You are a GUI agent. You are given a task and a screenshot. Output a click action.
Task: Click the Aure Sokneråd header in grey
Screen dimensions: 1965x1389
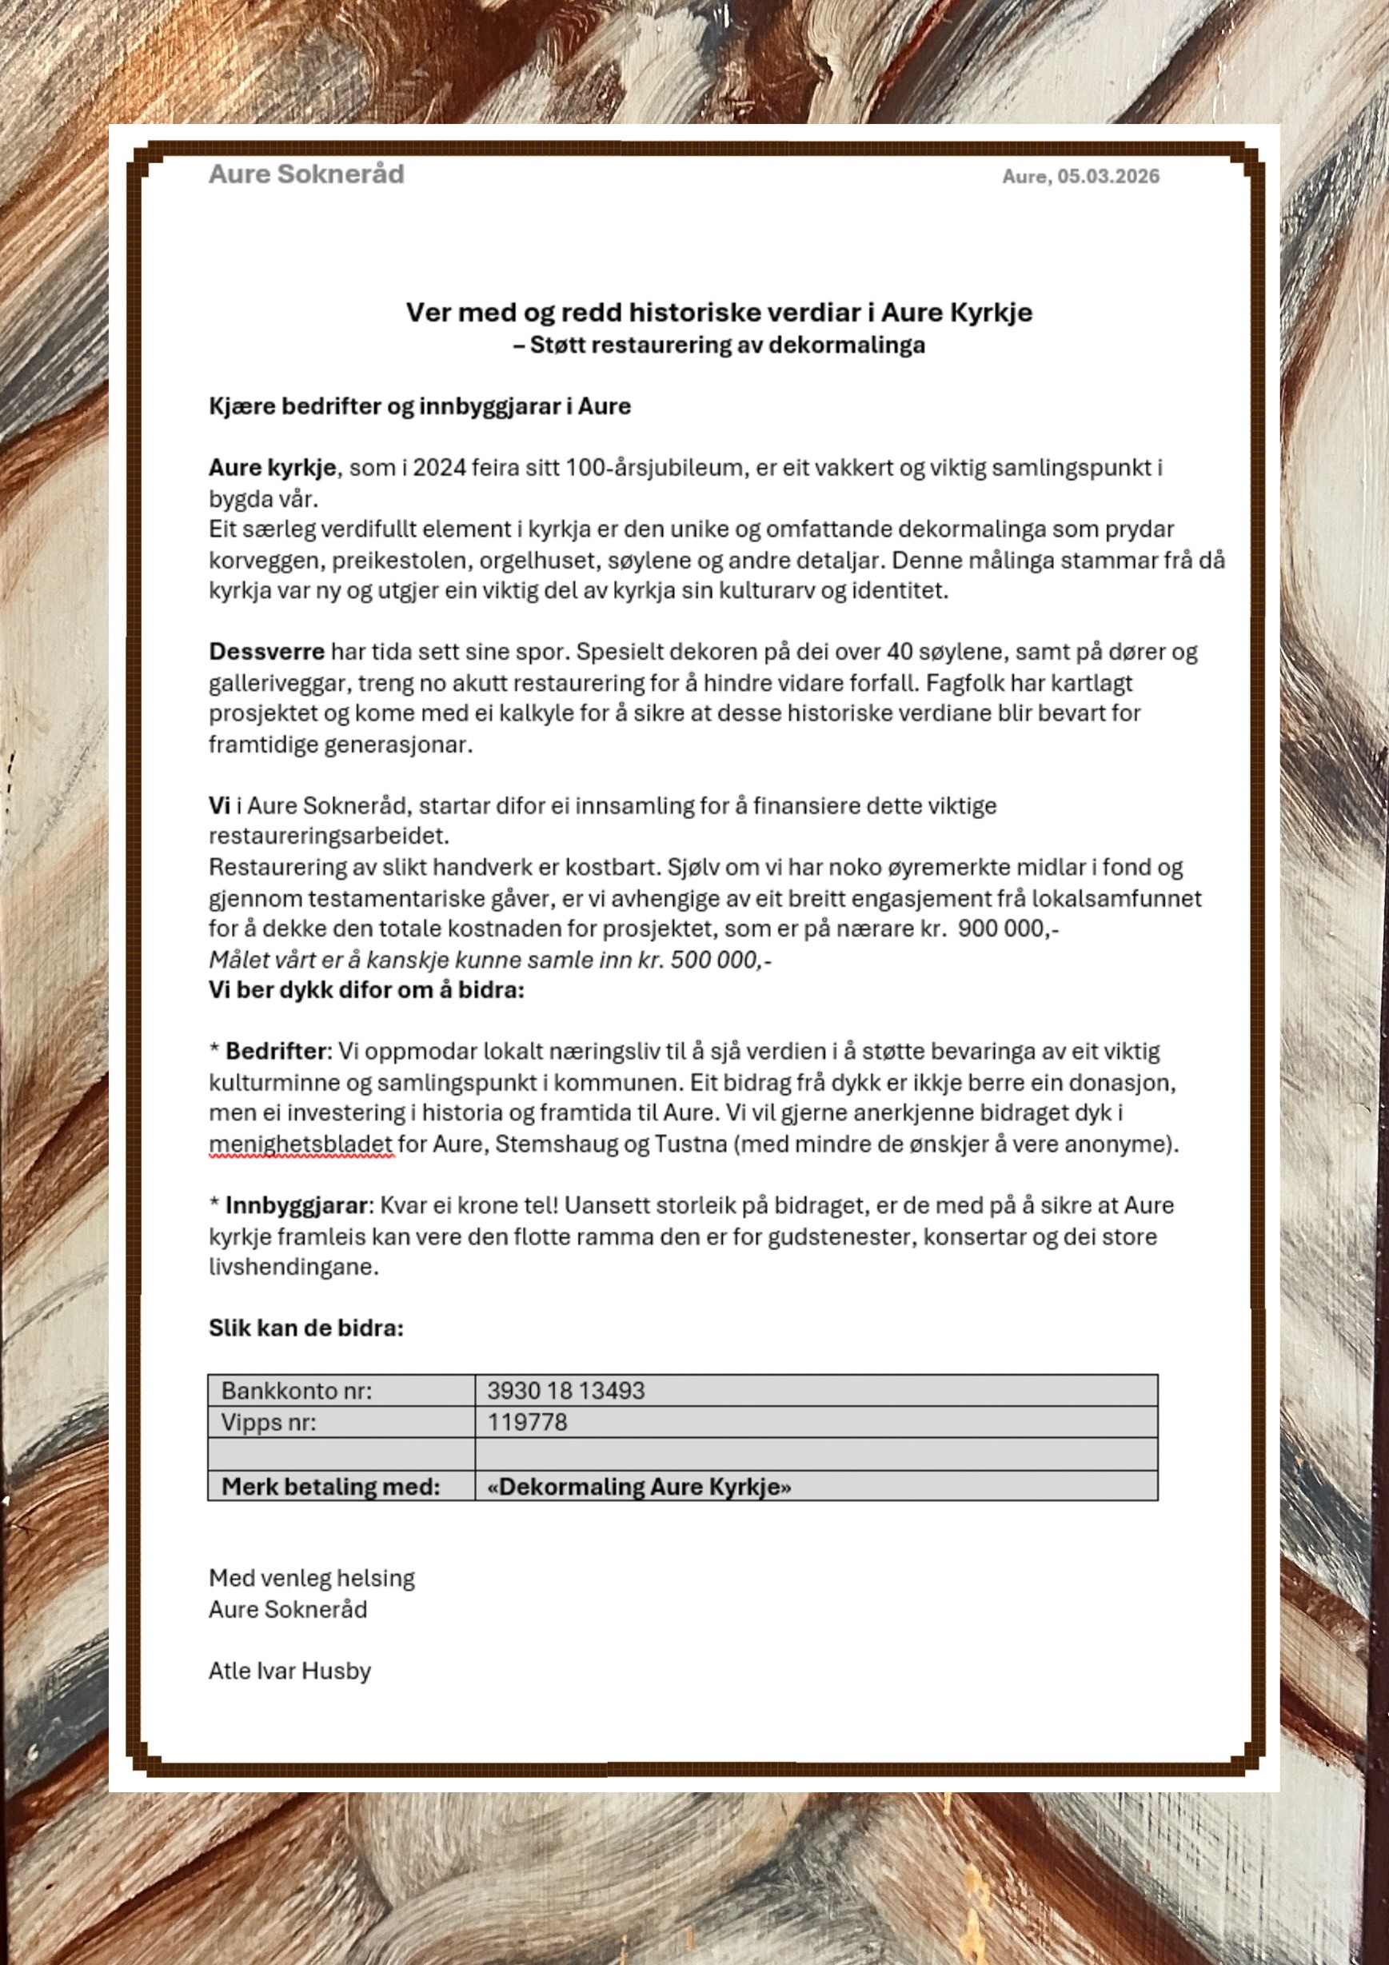[x=305, y=174]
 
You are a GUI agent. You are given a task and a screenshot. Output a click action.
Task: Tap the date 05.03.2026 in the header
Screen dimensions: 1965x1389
[x=1108, y=176]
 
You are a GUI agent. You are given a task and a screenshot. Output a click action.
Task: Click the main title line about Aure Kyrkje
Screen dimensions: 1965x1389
[x=718, y=313]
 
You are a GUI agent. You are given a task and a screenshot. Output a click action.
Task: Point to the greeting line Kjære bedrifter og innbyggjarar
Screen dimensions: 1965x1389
[x=419, y=405]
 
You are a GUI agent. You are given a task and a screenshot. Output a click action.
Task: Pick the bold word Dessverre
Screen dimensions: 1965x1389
[x=266, y=652]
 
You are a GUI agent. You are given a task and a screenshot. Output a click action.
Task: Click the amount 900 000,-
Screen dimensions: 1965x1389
[x=1008, y=929]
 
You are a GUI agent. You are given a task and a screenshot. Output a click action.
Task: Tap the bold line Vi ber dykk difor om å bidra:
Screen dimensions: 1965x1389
[x=366, y=990]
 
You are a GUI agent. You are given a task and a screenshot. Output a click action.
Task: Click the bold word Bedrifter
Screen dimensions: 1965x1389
[x=275, y=1051]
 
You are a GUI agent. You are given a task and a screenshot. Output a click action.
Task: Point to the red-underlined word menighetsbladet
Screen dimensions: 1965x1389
[x=301, y=1144]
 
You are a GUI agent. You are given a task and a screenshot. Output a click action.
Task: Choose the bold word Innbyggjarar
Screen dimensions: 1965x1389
[x=296, y=1205]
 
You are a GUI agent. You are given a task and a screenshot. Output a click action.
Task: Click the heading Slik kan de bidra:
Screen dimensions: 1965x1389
[x=305, y=1328]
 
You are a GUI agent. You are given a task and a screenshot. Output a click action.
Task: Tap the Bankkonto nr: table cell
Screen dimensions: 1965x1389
[x=296, y=1391]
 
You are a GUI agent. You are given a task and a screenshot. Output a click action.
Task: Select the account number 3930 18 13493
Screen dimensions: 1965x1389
[x=565, y=1391]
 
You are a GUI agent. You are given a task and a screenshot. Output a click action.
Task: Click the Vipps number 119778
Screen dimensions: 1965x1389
[x=527, y=1423]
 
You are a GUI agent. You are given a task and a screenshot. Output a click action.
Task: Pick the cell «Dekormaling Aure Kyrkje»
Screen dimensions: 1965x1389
[x=638, y=1487]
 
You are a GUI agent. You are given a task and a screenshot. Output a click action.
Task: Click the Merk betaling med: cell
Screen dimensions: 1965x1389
[x=330, y=1487]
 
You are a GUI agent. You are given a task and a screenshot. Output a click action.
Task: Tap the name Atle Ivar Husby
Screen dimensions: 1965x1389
[x=289, y=1671]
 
